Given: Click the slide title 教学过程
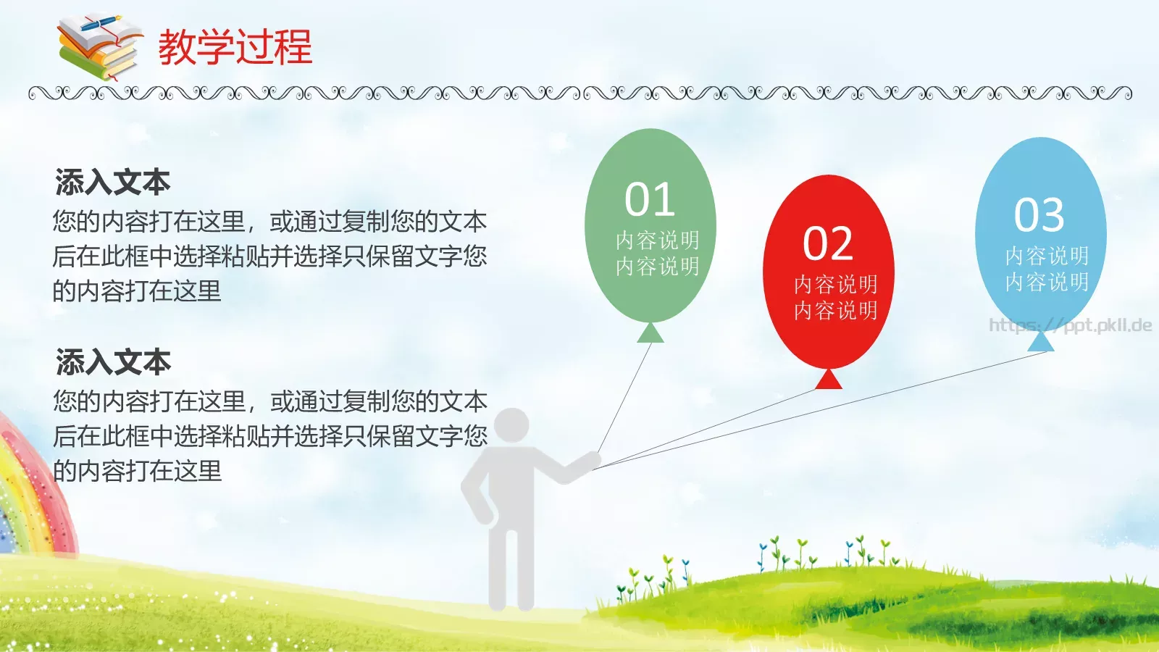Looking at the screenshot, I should click(x=235, y=47).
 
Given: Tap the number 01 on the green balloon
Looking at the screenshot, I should click(x=650, y=200).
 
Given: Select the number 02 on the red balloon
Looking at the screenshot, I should click(x=828, y=243).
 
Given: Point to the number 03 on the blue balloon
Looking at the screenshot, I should click(x=1039, y=214).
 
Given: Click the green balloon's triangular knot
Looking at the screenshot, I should click(x=650, y=333).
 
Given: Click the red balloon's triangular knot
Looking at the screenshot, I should click(x=829, y=380).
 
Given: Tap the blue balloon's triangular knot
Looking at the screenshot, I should click(x=1042, y=341).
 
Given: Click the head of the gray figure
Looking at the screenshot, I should click(x=512, y=427).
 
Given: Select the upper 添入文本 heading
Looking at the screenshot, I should click(x=112, y=182).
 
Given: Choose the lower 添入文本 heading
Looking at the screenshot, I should click(x=113, y=361).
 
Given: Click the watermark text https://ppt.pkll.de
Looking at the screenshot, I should click(x=1070, y=325).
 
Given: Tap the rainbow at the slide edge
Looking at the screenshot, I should click(x=29, y=493).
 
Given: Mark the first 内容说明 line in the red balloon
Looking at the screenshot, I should click(x=835, y=284).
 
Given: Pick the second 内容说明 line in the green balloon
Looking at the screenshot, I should click(x=657, y=267).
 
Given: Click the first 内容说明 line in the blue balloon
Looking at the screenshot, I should click(x=1047, y=256).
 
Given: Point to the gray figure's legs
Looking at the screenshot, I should click(x=511, y=565).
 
